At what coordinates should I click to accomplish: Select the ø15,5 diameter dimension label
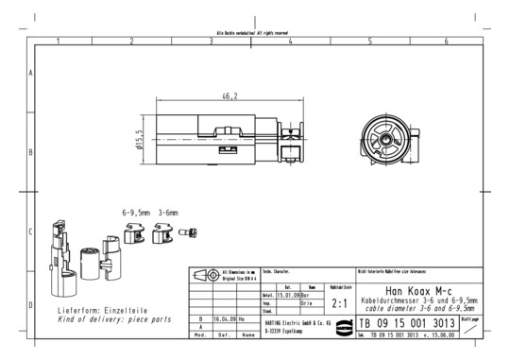140,140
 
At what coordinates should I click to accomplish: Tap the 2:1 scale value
340,303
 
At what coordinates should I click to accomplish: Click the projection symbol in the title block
205,276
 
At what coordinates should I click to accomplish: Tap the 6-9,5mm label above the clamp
136,213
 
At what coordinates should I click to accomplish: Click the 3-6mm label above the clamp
168,213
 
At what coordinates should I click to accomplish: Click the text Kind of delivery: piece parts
114,319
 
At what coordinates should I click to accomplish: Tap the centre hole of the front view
386,139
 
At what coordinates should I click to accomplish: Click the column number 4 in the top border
290,42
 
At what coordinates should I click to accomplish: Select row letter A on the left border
33,73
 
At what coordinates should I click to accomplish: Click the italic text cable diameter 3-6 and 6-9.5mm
418,308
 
